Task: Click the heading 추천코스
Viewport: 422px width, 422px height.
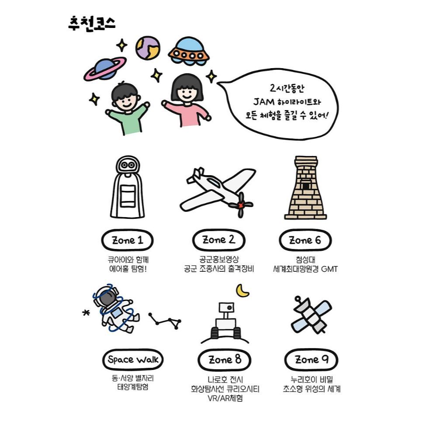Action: pos(92,24)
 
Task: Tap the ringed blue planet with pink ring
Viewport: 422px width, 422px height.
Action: pos(105,69)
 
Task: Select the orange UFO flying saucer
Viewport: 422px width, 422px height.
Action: pos(189,51)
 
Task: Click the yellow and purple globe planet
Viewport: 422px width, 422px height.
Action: pos(148,48)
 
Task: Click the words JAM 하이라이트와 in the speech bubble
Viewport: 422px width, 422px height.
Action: pos(287,102)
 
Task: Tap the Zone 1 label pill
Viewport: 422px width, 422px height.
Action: pos(127,240)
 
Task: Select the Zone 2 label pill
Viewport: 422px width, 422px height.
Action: pos(219,240)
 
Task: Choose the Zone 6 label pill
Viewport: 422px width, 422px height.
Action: pos(305,240)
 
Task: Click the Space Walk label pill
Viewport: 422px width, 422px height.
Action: pos(133,360)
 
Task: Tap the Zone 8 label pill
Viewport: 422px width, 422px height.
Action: pos(225,360)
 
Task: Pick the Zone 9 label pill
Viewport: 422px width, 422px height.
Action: pos(311,360)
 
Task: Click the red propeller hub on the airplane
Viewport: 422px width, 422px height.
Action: pos(240,205)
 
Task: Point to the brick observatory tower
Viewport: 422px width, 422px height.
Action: pos(305,187)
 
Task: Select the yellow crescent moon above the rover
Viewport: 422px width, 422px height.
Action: pos(242,291)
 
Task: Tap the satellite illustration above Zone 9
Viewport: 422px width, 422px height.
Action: pos(311,315)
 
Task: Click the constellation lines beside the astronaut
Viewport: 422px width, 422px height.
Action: pos(165,321)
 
